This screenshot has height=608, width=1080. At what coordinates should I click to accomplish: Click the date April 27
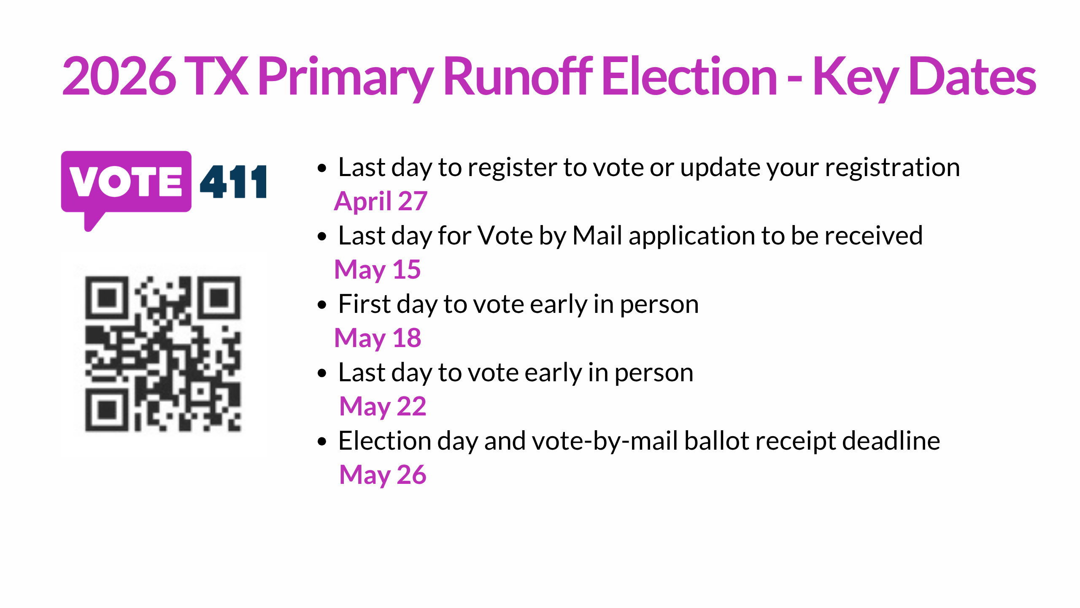[x=381, y=201]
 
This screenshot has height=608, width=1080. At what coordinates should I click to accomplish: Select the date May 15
[x=378, y=269]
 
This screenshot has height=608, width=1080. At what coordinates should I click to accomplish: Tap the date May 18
[x=378, y=338]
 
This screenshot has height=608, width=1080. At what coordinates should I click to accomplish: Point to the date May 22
[x=383, y=406]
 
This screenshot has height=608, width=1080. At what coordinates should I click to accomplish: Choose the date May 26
[x=383, y=475]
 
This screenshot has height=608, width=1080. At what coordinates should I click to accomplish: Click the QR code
[x=163, y=354]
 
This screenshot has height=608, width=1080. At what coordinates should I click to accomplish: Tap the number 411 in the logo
[x=233, y=182]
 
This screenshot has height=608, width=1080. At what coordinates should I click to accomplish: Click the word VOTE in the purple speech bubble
[x=126, y=182]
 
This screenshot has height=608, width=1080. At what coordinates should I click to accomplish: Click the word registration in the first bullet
[x=892, y=168]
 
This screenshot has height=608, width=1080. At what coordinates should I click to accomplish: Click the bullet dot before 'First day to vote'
[x=322, y=305]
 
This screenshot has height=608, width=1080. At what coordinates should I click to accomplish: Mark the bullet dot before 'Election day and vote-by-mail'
[x=322, y=442]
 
